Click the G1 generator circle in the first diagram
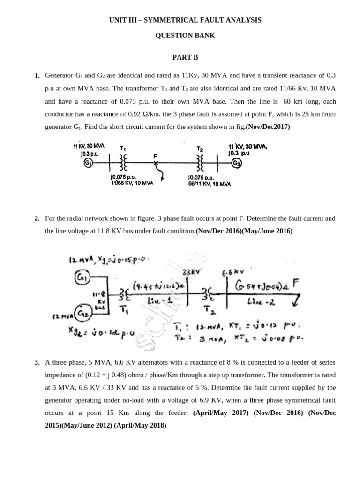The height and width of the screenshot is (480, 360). coord(88,163)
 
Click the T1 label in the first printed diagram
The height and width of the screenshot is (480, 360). coord(123,148)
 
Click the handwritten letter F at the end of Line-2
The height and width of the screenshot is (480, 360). coord(295,283)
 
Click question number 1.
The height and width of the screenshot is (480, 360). coord(37,76)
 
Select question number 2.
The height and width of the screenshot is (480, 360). coord(37,218)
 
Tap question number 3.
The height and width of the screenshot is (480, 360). coord(37,363)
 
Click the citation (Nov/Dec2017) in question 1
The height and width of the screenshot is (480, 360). coord(267,127)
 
